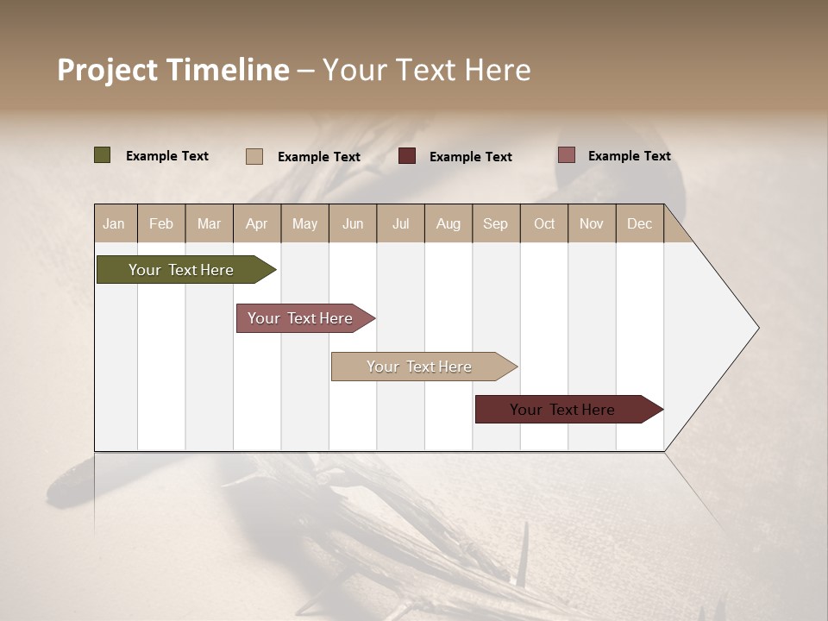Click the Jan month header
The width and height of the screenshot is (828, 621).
point(114,223)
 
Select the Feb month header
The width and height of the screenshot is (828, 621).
point(161,223)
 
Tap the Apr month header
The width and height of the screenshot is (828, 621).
point(256,223)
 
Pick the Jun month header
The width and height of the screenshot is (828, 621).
point(353,223)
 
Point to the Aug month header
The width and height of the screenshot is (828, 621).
point(448,223)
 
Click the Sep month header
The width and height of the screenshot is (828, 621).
point(495,223)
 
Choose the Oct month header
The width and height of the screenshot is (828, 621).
point(544,223)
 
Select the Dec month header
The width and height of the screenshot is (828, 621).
point(639,223)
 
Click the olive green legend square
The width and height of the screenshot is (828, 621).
point(103,155)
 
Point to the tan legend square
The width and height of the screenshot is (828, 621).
point(254,156)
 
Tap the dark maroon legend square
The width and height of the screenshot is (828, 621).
point(407,156)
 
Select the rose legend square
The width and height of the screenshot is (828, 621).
point(566,155)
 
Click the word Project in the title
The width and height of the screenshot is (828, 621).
point(108,70)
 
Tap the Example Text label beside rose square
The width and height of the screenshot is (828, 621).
point(629,156)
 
